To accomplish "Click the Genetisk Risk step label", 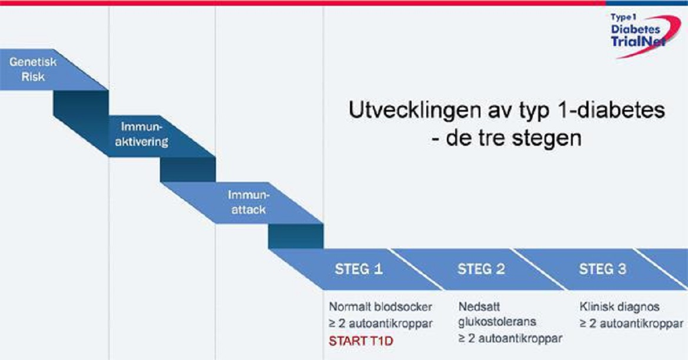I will [27, 69].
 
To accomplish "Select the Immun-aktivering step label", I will [145, 135].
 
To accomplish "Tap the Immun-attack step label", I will [247, 202].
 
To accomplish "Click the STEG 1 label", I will [359, 269].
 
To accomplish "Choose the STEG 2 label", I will [481, 269].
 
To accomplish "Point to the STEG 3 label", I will [603, 269].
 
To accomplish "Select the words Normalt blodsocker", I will [380, 307].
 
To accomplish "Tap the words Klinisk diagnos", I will [619, 307].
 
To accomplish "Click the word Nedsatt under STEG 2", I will [476, 307].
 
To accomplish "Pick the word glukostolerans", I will [497, 322].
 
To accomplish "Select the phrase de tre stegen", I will [512, 139].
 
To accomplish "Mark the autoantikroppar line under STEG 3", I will [632, 323].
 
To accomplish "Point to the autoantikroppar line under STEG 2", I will [510, 338].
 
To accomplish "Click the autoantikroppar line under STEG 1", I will [380, 323].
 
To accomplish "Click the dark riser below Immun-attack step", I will [296, 236].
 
